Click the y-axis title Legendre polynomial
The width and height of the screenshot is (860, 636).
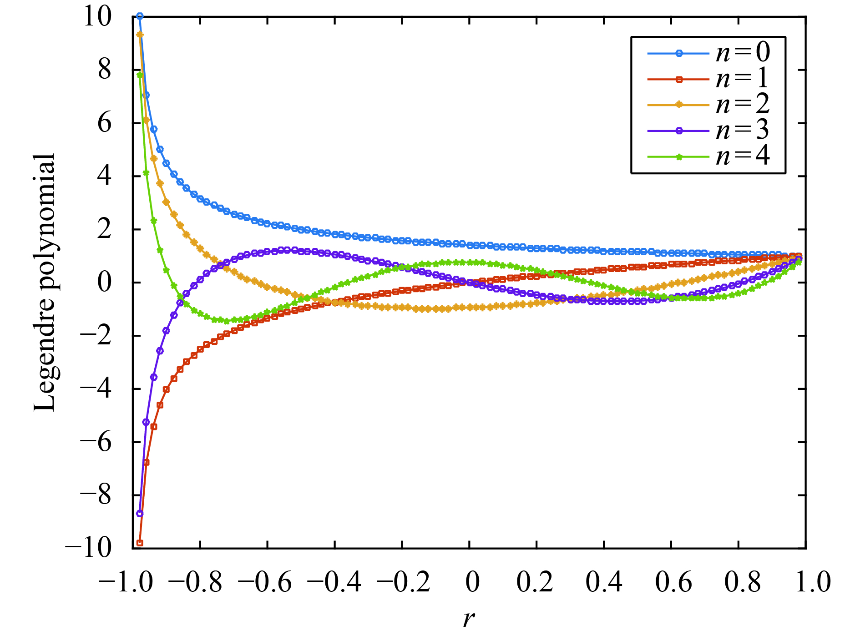[45, 282]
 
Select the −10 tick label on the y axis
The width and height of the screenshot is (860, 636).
[89, 548]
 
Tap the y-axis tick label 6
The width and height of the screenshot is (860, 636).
[105, 123]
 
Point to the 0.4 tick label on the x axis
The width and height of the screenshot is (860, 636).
[604, 582]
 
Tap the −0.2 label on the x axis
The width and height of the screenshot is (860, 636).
[402, 582]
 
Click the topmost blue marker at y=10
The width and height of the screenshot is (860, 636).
[140, 16]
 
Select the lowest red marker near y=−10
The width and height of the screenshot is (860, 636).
[140, 543]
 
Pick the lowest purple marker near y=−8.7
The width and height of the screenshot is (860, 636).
[140, 514]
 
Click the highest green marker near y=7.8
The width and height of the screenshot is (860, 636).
[140, 75]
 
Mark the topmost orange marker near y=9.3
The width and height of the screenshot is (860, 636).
[140, 35]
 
